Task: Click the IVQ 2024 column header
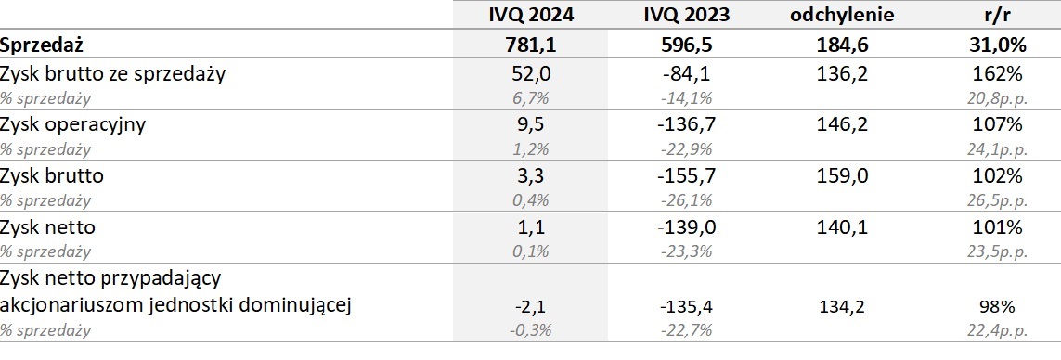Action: click(530, 14)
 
